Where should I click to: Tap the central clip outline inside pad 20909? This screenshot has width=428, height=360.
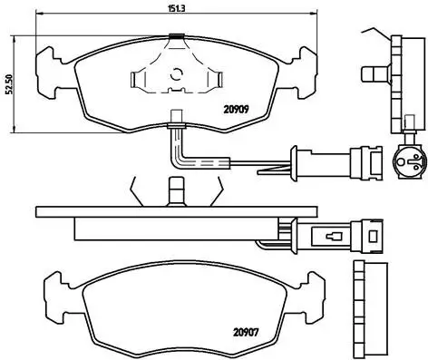171,83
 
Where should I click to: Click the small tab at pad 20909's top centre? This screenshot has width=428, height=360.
175,36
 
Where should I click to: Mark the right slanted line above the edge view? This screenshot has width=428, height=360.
216,191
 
